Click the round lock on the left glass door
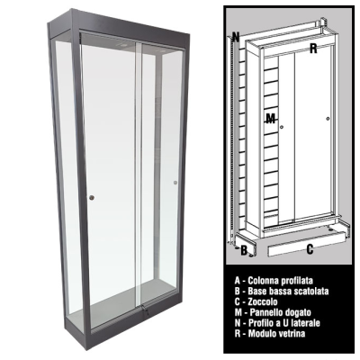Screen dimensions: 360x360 (92, 197)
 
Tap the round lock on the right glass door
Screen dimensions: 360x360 (175, 183)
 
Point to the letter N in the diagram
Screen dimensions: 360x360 (236, 37)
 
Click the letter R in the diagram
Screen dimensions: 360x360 (313, 49)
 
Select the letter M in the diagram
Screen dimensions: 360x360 (271, 120)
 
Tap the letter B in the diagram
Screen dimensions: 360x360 (244, 250)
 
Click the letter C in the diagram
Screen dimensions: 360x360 (310, 248)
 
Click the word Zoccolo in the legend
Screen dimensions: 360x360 (263, 301)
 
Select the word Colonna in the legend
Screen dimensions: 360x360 (263, 281)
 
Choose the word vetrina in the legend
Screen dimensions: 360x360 (291, 333)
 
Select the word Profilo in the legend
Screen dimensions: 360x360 (260, 323)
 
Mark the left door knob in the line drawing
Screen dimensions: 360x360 (282, 128)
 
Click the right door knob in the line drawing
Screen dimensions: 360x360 (328, 119)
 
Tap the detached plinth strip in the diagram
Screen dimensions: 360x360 (307, 246)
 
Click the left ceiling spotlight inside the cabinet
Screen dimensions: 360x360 (122, 45)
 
